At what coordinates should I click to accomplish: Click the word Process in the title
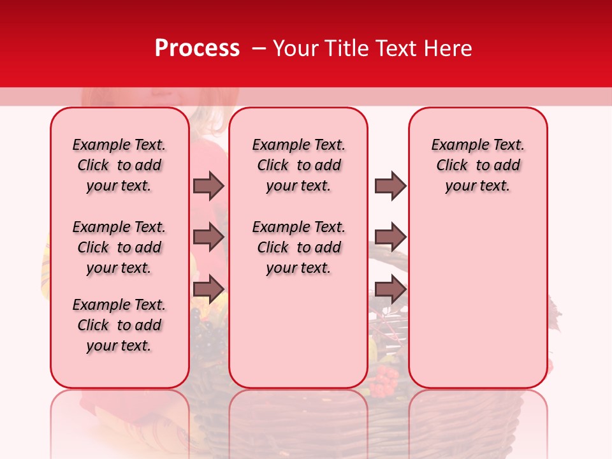coord(197,48)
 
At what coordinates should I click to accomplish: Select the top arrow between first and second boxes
coord(208,186)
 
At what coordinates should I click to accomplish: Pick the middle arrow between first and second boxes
coord(208,237)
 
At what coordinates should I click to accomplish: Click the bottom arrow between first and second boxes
coord(208,289)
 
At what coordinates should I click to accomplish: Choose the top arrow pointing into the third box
coord(390,186)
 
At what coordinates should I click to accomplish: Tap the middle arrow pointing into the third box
coord(390,237)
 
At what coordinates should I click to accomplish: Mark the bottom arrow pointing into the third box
coord(390,289)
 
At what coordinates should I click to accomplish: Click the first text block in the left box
coord(119,165)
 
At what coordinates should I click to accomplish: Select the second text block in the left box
coord(119,247)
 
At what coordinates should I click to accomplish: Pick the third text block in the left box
coord(119,325)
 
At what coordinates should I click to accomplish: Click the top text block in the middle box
coord(298,165)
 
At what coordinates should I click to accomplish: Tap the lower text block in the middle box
coord(298,247)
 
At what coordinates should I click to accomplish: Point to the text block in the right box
coord(477,165)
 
